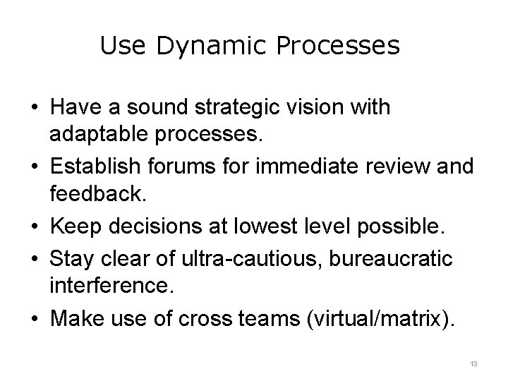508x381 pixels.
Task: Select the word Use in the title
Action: [123, 46]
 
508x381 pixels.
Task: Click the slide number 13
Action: [473, 364]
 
